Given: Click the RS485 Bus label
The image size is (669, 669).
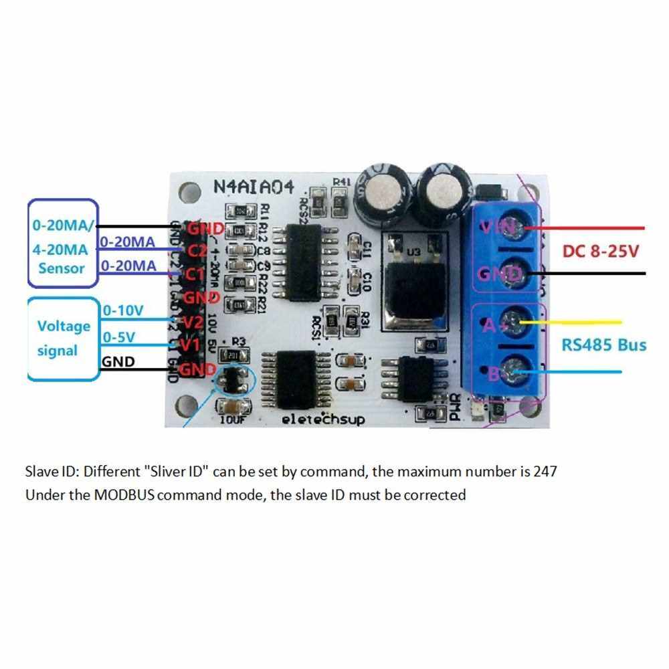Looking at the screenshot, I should click(603, 345).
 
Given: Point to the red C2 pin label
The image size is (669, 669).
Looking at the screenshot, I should click(197, 252).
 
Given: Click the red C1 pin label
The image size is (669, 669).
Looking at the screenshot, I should click(195, 274).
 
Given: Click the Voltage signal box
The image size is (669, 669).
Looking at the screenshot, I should click(63, 339).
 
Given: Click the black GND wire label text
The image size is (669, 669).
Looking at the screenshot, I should click(118, 362).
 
